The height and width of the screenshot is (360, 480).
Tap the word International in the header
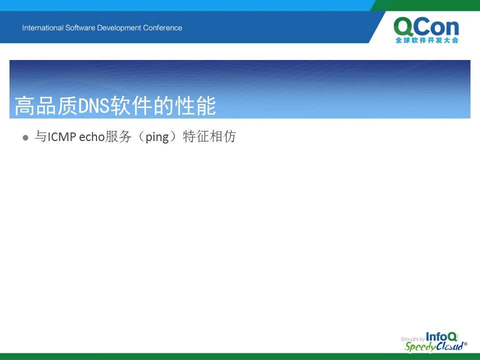pos(42,28)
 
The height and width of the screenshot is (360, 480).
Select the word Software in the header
pos(80,28)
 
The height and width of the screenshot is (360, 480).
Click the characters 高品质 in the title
pos(46,105)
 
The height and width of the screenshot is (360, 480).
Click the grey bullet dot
pos(25,138)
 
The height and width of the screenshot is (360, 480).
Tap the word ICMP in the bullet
pos(62,137)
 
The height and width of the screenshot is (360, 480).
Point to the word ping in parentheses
pos(157,137)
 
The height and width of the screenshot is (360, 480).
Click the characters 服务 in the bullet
pos(118,136)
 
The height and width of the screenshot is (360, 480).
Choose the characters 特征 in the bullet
pos(196,136)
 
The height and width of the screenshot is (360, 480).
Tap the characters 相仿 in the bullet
pos(222,136)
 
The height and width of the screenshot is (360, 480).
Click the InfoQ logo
pos(441,336)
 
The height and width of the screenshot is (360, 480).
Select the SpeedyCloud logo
pos(435,346)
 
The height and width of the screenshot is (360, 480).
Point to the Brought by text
pos(412,339)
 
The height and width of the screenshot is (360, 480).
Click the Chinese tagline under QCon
pos(426,40)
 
